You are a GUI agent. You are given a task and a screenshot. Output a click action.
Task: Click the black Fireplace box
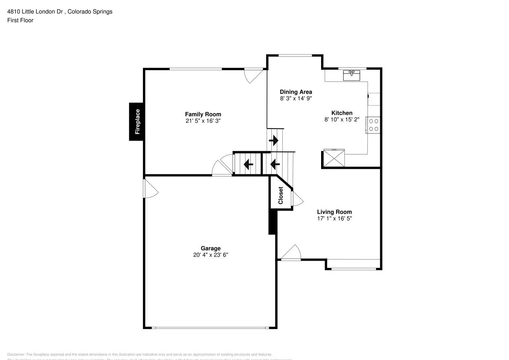tap(137, 122)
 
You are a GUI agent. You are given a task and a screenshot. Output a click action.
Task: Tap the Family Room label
tap(203, 114)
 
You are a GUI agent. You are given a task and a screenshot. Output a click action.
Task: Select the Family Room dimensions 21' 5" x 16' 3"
tap(203, 121)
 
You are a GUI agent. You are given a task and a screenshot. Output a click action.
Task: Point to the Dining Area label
tap(296, 92)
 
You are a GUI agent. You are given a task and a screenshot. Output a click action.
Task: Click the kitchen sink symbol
tap(351, 76)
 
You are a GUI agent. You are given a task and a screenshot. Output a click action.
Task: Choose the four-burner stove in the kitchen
tap(373, 125)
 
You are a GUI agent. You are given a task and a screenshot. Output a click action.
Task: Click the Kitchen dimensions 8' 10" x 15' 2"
tap(342, 120)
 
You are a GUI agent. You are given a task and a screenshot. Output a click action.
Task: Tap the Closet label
tap(281, 195)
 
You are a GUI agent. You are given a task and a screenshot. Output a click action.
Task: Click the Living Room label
tap(334, 212)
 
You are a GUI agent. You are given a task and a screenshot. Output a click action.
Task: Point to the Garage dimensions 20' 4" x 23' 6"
tap(211, 255)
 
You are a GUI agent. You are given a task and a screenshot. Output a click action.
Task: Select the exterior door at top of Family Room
tap(253, 75)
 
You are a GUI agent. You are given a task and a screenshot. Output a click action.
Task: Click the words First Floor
tap(20, 20)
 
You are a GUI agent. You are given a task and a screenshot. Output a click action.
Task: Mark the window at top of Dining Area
tap(295, 55)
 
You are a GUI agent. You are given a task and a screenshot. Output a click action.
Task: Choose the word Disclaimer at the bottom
tap(16, 355)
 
